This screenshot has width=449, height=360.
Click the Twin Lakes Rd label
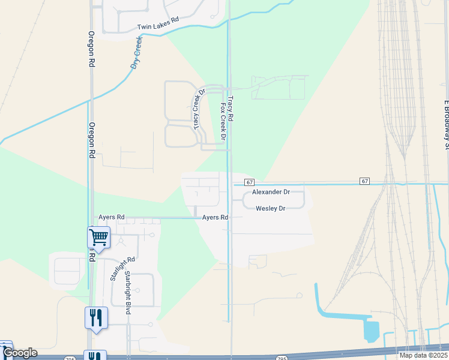pyautogui.click(x=158, y=27)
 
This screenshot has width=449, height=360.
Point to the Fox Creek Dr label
pyautogui.click(x=223, y=121)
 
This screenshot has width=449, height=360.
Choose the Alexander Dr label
pyautogui.click(x=271, y=192)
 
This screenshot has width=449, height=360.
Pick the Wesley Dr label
pyautogui.click(x=270, y=208)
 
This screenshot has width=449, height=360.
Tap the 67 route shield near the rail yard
pyautogui.click(x=364, y=181)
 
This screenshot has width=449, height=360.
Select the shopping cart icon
pyautogui.click(x=98, y=236)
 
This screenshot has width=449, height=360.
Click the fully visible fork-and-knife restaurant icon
pyautogui.click(x=96, y=317)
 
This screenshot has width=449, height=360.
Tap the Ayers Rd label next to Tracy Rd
pyautogui.click(x=215, y=217)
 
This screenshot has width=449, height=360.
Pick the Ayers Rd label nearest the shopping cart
pyautogui.click(x=111, y=217)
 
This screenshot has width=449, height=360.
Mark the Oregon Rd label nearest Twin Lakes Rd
pyautogui.click(x=92, y=49)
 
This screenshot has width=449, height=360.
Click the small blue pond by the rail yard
pyautogui.click(x=372, y=331)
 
